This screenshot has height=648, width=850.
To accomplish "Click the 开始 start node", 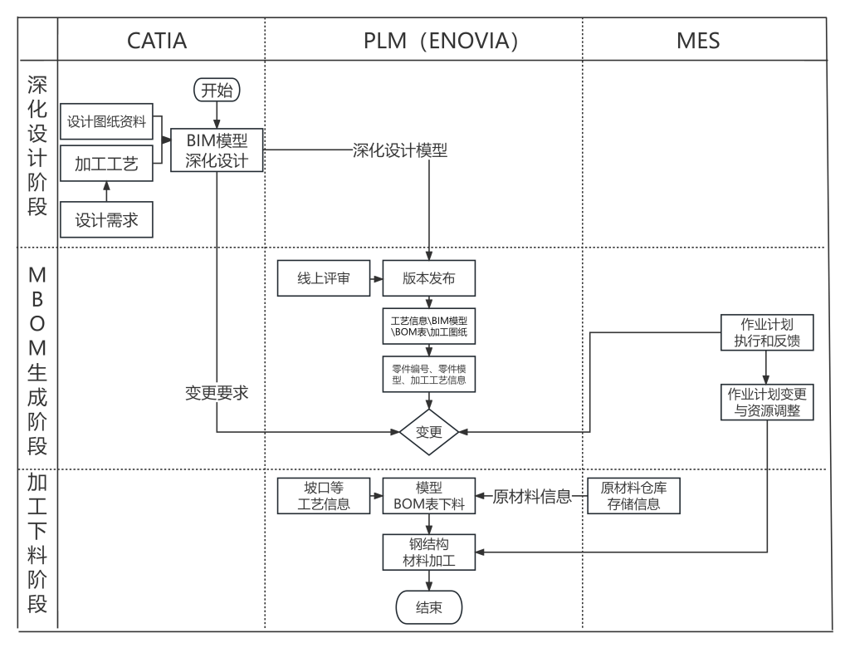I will tap(217, 90).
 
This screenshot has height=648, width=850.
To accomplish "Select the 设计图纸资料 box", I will tap(106, 122).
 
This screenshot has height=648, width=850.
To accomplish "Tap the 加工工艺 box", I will tap(106, 164).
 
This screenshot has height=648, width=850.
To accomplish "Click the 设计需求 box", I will tap(106, 220).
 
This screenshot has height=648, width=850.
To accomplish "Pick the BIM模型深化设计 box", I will tap(217, 150).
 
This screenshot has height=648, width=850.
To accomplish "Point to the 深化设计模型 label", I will tap(400, 150).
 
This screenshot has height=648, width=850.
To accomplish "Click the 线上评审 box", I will tap(324, 278).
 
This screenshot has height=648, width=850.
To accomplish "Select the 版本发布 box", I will tap(429, 278).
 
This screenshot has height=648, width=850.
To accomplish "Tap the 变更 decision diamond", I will tap(429, 432).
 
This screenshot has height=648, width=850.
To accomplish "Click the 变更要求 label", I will tap(217, 393).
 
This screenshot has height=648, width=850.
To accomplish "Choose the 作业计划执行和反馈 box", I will tap(767, 332).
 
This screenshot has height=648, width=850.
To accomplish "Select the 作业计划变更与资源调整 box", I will tap(767, 402).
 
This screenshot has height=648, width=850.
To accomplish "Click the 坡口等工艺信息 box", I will tap(324, 496).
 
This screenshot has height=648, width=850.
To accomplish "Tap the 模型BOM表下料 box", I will tap(429, 496).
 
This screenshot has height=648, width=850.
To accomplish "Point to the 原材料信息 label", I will tap(532, 497).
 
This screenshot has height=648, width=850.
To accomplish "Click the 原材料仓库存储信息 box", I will tap(634, 496).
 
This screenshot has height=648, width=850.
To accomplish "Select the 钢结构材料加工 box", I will tap(429, 552).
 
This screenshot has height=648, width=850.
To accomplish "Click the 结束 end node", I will tap(429, 607).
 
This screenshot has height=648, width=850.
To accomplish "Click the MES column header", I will tap(697, 40).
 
